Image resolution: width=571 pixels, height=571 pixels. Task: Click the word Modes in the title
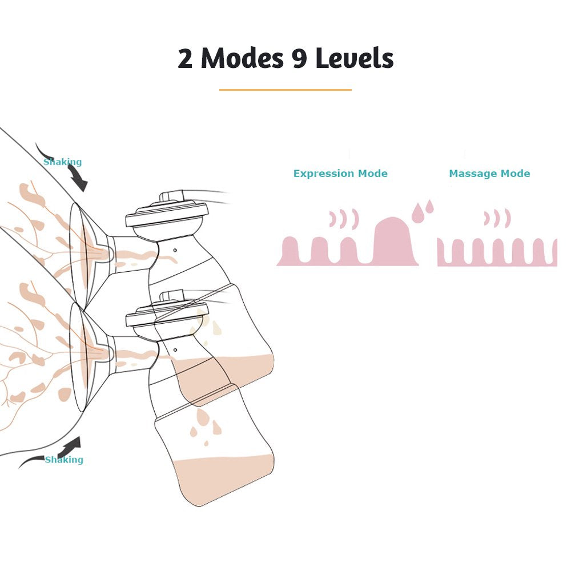[x=242, y=58]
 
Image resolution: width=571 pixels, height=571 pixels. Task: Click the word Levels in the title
[x=355, y=58]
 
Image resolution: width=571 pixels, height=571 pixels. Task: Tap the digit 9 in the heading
[x=299, y=59]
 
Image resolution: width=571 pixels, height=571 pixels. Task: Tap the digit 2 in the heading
[x=185, y=59]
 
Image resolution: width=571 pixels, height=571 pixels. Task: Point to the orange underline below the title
[x=285, y=90]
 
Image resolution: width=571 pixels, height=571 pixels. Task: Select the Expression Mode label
[x=340, y=174]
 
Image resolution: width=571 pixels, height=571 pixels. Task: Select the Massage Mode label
[x=489, y=174]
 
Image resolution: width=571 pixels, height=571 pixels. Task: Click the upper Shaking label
[x=63, y=162]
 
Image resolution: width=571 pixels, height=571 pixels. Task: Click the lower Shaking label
[x=64, y=460]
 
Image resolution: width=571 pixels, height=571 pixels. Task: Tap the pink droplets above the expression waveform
[x=423, y=211]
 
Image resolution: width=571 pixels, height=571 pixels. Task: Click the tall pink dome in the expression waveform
[x=394, y=240]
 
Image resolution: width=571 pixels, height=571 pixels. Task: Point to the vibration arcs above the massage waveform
[x=497, y=219]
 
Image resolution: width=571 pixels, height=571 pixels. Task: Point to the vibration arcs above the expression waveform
[x=344, y=219]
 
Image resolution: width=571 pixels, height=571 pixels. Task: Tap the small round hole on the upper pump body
[x=175, y=250]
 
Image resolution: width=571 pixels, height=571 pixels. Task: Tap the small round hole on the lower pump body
[x=175, y=350]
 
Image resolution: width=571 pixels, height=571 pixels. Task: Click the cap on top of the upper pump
[x=167, y=215]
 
